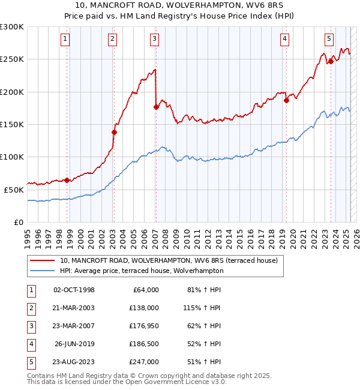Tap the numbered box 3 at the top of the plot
(x=154, y=39)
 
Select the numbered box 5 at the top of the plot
(x=329, y=39)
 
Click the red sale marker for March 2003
(x=114, y=132)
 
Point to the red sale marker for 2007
(x=156, y=107)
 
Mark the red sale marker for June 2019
(x=286, y=101)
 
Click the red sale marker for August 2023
(x=331, y=61)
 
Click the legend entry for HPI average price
(x=141, y=271)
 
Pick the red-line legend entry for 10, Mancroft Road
(x=168, y=261)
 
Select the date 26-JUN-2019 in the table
(x=74, y=344)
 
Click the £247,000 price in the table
(x=144, y=362)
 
